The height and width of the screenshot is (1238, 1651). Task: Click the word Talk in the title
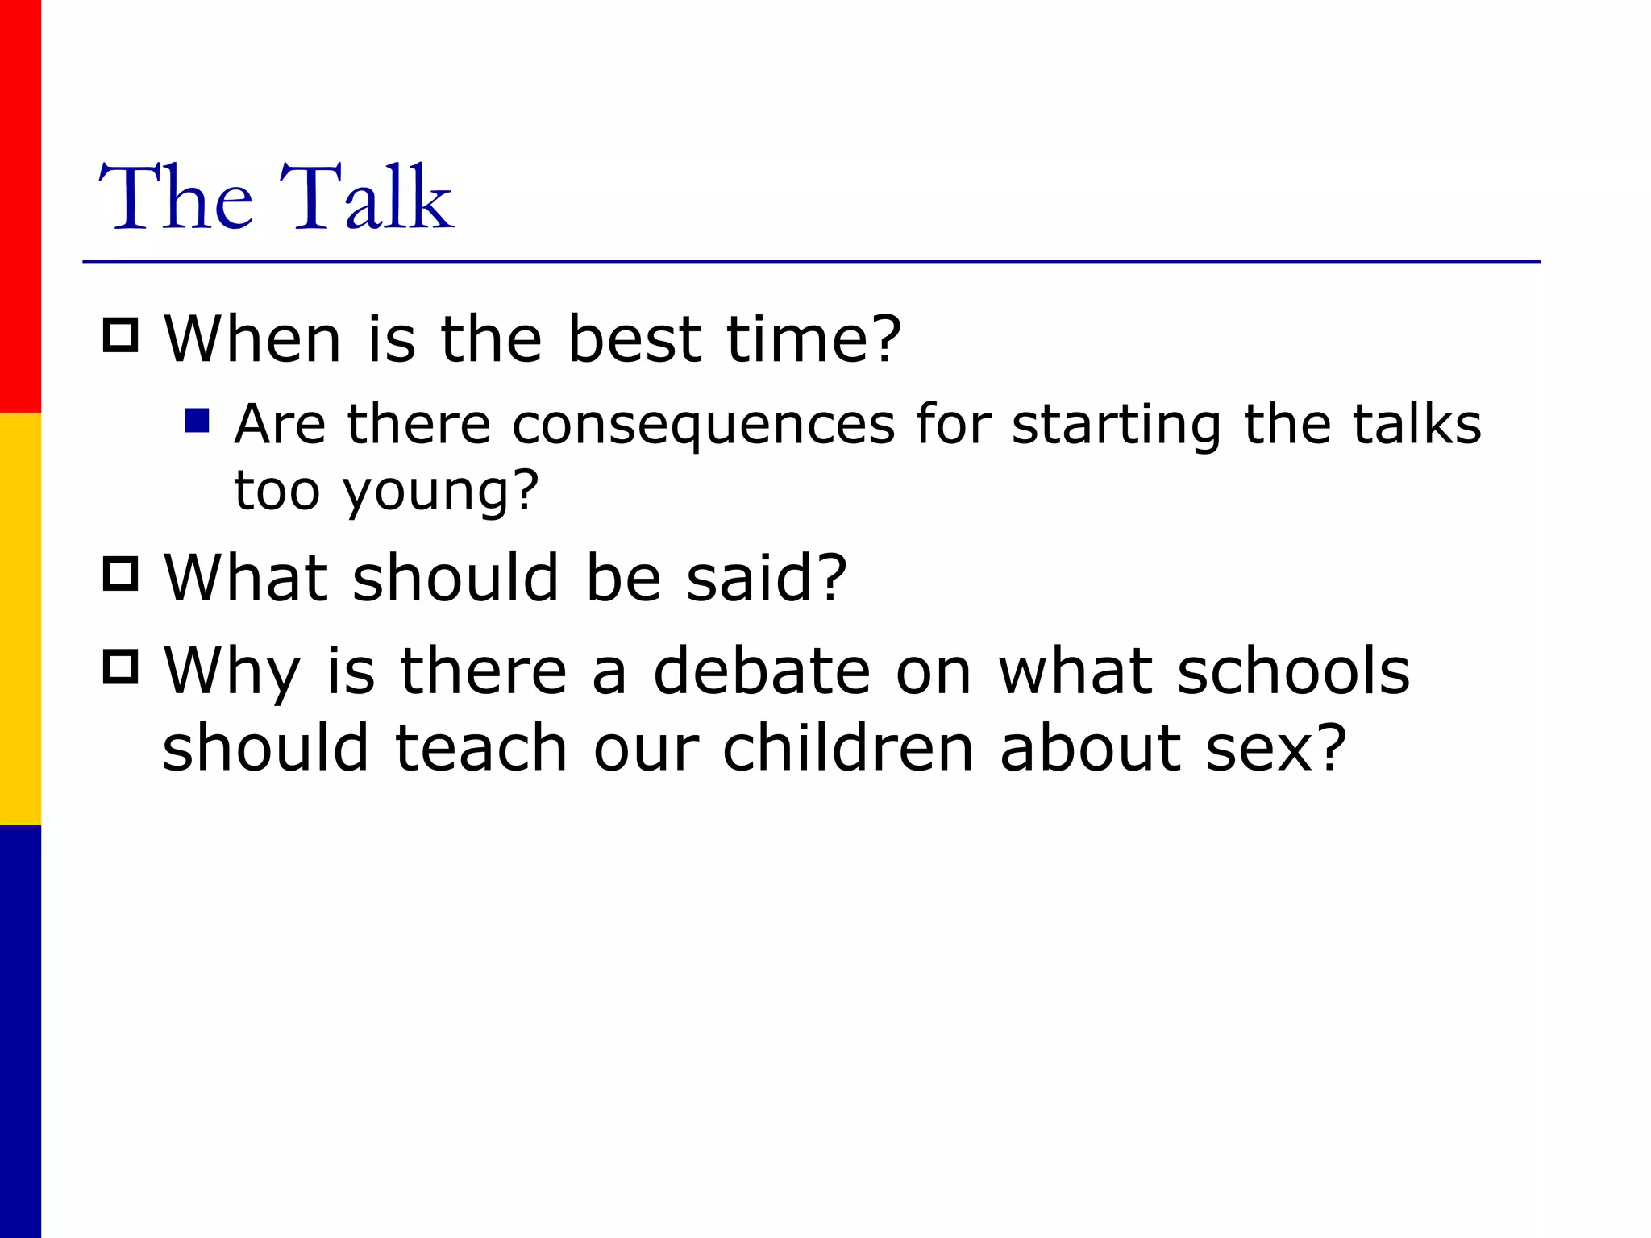coord(367,197)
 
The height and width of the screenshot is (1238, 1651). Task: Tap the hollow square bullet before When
coord(121,335)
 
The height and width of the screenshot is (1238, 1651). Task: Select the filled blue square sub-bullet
coord(197,421)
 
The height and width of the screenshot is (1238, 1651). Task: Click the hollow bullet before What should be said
coord(121,574)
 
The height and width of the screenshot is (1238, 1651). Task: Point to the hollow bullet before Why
coord(121,667)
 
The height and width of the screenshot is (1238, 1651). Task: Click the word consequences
coord(703,425)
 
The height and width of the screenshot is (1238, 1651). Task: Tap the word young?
coord(441,492)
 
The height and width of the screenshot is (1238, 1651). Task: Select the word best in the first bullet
coord(634,339)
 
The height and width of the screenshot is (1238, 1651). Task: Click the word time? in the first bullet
coord(813,339)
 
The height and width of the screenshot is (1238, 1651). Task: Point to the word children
coord(848,748)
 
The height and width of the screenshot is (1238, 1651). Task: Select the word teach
coord(481,748)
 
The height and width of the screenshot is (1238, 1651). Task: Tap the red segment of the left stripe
coord(20,206)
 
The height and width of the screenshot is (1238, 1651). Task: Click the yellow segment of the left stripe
coord(20,619)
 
